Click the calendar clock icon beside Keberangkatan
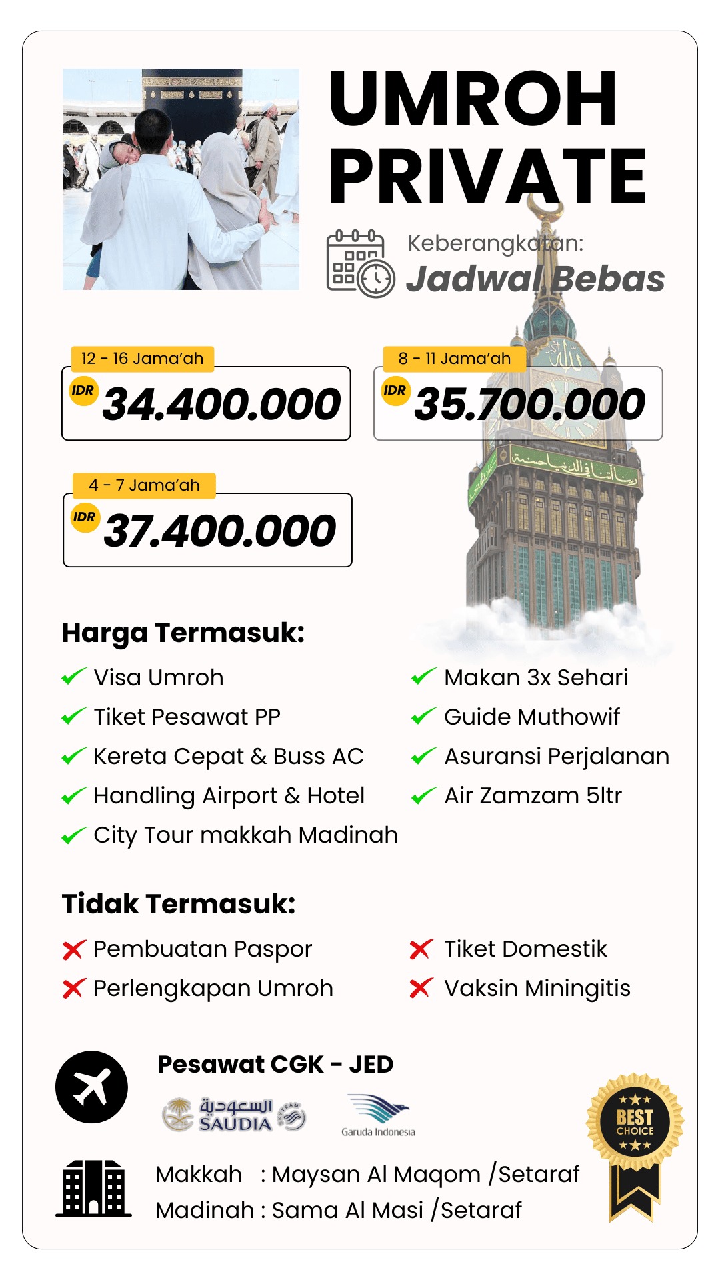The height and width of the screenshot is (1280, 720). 360,264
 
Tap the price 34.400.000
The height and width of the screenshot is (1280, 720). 221,404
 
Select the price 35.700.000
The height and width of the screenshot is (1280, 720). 529,404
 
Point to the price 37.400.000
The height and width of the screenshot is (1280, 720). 220,531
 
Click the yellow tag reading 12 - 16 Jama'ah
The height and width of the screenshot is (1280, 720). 142,359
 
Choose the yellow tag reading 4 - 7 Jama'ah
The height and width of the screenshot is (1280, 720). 144,485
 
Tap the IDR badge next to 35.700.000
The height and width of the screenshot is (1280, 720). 395,391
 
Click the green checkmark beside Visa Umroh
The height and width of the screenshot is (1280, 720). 73,677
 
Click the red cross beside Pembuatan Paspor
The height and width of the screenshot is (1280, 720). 73,949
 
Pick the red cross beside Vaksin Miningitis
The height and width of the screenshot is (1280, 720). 421,988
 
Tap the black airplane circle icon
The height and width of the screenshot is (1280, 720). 91,1087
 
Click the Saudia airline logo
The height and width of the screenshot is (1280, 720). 233,1115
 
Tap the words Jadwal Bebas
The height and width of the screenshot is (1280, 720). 535,279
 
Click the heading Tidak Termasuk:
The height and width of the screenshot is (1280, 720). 179,904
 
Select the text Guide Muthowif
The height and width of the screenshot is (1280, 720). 532,717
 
